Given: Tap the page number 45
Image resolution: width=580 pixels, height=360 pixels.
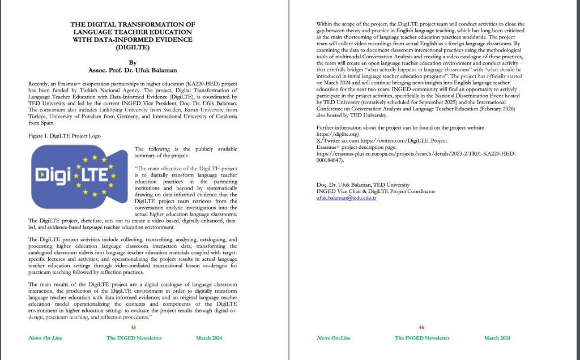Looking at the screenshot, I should point(133,327).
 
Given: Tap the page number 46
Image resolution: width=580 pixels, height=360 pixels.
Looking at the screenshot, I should point(421,327).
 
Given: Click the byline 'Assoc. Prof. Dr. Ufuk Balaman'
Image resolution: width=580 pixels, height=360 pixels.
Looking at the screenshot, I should point(133,70).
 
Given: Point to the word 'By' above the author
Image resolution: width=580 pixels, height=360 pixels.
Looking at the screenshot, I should point(133,63).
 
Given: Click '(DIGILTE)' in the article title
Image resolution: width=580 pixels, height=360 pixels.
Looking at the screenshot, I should point(133,48).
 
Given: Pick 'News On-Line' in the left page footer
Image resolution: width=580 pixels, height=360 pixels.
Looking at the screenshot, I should point(45,338).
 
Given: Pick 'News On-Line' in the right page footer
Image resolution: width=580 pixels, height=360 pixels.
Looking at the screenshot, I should point(333,338).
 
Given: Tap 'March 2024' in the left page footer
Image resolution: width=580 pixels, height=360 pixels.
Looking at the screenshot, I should point(209,338).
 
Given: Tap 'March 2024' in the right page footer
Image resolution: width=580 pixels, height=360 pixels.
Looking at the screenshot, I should point(497,338).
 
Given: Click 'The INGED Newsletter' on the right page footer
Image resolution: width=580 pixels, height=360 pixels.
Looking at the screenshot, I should point(422,338).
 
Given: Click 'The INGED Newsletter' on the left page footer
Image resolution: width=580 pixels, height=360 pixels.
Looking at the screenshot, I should point(134,338).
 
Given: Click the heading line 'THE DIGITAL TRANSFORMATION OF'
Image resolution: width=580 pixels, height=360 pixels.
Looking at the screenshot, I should point(133,25).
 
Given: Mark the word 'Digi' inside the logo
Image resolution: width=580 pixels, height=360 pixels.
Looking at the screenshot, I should point(49,175).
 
